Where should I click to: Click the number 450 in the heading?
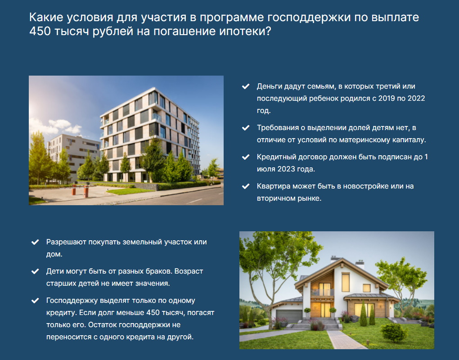(x=40, y=31)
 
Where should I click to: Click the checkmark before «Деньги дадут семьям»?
(x=246, y=86)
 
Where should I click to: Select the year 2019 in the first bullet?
(x=387, y=99)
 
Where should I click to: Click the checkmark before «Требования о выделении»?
(x=246, y=128)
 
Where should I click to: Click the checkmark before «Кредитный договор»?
(x=246, y=157)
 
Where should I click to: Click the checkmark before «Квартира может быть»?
(x=246, y=186)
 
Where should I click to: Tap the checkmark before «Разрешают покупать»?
(x=35, y=242)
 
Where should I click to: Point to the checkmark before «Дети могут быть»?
(x=35, y=271)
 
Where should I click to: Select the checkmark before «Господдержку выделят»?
(x=35, y=301)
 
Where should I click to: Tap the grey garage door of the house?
(x=289, y=316)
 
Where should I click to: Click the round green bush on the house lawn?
(x=394, y=333)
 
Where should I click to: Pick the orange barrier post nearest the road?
(x=86, y=192)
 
